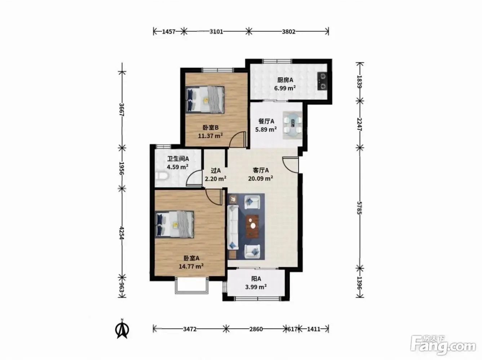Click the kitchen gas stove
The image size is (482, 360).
(x=322, y=81)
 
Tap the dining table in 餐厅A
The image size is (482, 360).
(x=292, y=125)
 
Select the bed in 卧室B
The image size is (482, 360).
(x=205, y=100)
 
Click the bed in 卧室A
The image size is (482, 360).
(x=174, y=225)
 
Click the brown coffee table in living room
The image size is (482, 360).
(x=252, y=226)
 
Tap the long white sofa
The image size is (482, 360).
(x=233, y=227)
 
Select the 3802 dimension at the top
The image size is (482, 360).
(x=288, y=32)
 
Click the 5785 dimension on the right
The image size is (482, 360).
(x=359, y=208)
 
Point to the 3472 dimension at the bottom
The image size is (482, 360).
(x=190, y=329)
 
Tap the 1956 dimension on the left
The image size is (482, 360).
(x=121, y=168)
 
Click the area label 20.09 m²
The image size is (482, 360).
(x=261, y=178)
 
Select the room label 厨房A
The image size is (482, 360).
(x=285, y=80)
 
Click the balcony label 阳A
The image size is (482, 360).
(x=256, y=279)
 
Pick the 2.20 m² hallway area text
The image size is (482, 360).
(x=216, y=179)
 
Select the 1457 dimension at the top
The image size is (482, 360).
(x=169, y=32)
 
